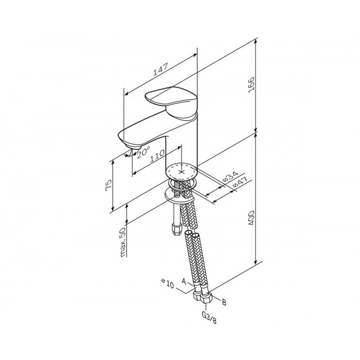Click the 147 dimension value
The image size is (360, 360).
160,69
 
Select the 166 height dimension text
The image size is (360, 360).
251,85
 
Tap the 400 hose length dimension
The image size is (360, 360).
251,218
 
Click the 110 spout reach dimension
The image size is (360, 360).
157,156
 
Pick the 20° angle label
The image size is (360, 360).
143,152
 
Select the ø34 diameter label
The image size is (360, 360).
230,176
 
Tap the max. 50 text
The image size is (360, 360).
123,242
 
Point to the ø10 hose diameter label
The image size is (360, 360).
168,284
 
